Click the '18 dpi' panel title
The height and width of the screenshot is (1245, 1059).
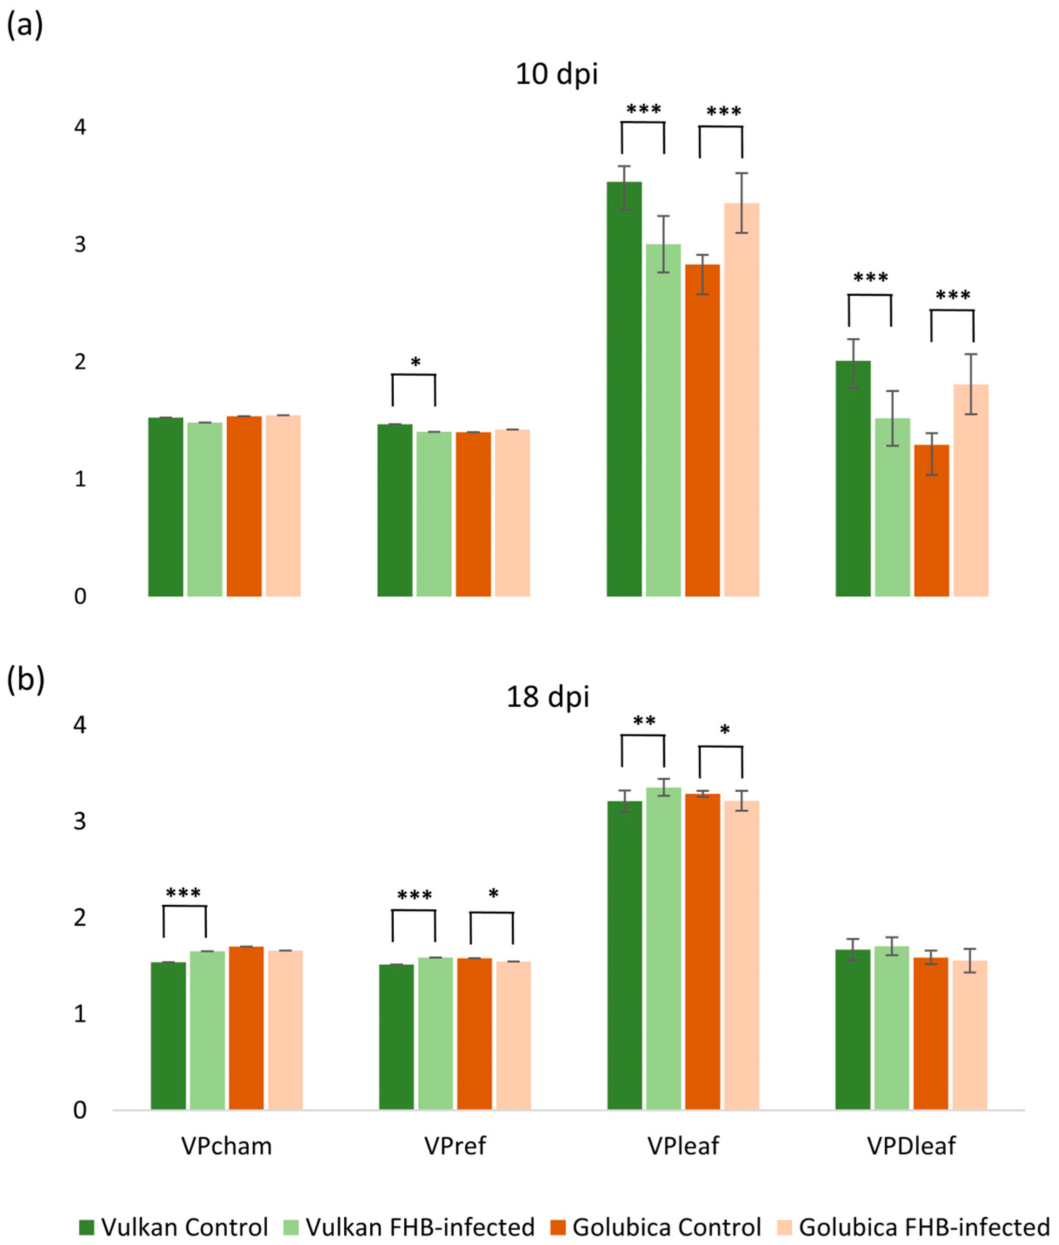548,697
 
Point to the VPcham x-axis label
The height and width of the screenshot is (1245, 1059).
226,1146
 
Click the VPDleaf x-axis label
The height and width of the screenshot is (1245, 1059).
911,1146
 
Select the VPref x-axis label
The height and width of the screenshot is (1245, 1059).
455,1146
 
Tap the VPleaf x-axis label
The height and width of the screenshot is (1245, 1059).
683,1146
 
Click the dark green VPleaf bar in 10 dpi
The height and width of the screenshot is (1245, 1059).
624,390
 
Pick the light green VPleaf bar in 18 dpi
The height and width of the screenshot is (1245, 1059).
664,948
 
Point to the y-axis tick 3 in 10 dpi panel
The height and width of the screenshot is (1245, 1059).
80,245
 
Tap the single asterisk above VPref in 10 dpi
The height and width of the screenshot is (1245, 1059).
415,362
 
